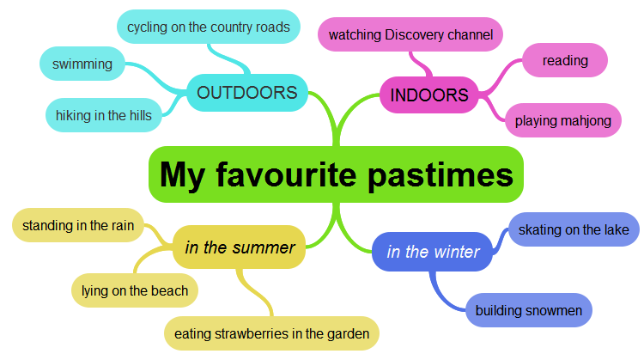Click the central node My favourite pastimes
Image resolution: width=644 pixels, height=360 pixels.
[x=336, y=174]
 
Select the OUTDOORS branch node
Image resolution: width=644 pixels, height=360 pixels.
[x=247, y=92]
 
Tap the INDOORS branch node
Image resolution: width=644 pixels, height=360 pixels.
[x=428, y=95]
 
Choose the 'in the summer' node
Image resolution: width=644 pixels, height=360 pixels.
[x=240, y=247]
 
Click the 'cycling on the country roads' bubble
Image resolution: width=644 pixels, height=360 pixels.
[x=209, y=27]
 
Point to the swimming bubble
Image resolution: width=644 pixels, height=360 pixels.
[x=82, y=64]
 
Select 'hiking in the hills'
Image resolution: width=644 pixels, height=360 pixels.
[x=103, y=115]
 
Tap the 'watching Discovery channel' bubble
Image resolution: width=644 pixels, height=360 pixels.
[x=410, y=35]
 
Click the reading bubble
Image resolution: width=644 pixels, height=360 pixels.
[x=565, y=60]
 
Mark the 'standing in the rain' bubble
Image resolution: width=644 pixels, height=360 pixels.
[x=78, y=226]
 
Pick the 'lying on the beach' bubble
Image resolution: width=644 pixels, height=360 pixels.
[x=135, y=290]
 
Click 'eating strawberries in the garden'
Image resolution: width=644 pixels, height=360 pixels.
[x=271, y=333]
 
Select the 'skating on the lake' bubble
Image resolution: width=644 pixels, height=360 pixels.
[x=574, y=229]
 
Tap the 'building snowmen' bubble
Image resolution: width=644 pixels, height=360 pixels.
[x=529, y=309]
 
